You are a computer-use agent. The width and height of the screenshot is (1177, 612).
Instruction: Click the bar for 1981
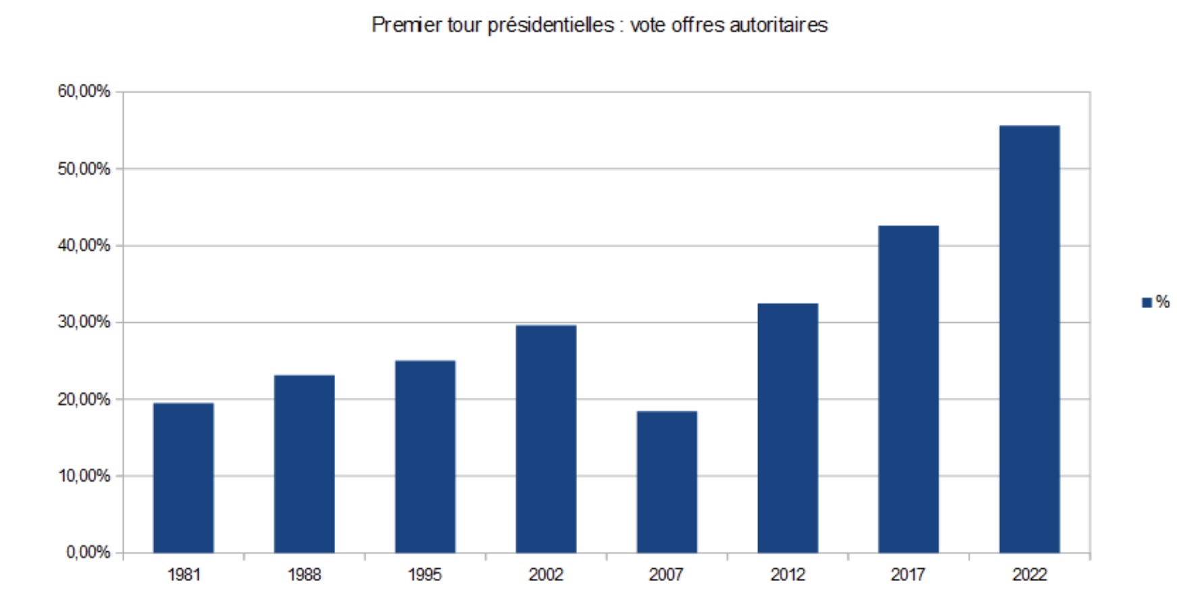183,478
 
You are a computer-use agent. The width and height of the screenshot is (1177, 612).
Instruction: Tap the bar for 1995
425,457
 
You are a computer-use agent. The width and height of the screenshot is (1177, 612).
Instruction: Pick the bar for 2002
546,439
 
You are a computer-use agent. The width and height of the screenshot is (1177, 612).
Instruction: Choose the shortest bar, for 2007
667,482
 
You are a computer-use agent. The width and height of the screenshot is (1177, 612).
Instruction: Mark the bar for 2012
788,428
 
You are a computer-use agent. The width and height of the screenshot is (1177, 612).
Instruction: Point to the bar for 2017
908,389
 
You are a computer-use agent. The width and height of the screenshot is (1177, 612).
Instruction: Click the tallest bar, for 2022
1029,339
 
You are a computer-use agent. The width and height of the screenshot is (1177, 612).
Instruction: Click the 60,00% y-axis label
84,92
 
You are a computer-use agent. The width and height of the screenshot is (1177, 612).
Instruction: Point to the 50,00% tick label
84,169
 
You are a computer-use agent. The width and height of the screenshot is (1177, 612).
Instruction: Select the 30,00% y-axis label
84,322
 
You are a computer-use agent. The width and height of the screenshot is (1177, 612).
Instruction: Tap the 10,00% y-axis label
84,476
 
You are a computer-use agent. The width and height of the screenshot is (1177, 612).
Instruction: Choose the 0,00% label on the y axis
88,553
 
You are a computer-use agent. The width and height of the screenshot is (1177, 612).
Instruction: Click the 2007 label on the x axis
666,575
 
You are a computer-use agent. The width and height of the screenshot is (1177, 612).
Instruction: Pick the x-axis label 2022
1029,575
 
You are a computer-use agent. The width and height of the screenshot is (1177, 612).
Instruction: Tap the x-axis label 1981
184,575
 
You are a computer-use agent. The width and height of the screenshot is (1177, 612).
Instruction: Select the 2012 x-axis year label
788,575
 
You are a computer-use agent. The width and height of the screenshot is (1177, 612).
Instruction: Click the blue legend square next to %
1147,303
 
